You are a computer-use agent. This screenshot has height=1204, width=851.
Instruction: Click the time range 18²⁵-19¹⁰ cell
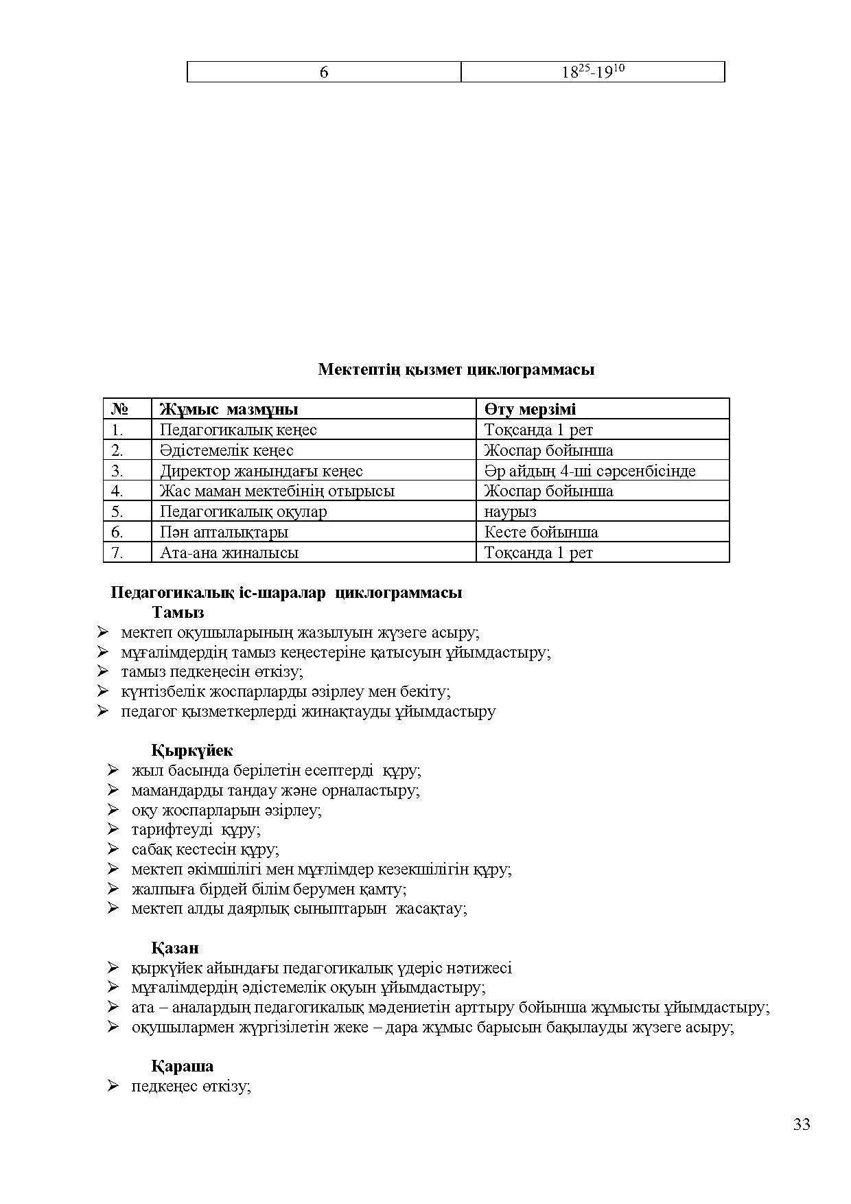[592, 72]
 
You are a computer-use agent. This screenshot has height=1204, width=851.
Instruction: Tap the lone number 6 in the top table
[324, 72]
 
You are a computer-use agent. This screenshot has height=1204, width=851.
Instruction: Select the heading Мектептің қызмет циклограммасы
[456, 369]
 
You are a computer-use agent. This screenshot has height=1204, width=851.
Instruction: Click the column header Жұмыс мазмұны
[229, 410]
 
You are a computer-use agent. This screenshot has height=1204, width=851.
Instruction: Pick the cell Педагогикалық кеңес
[238, 430]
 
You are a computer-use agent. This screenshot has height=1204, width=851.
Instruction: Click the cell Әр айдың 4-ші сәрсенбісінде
[590, 471]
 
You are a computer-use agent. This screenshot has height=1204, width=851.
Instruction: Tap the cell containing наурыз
[510, 511]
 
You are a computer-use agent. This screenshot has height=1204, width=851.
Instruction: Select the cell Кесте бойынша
[541, 532]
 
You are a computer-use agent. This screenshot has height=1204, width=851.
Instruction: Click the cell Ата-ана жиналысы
[229, 553]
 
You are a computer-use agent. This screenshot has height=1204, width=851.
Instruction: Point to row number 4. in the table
[117, 491]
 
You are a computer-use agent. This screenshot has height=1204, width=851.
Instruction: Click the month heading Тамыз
[178, 612]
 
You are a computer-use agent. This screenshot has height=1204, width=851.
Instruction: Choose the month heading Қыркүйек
[192, 751]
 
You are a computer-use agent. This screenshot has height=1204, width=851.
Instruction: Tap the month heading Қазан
[175, 948]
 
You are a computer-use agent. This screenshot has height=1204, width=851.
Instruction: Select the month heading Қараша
[182, 1066]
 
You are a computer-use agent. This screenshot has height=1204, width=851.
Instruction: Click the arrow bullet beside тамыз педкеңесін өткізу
[104, 671]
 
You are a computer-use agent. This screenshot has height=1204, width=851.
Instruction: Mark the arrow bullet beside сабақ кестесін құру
[114, 850]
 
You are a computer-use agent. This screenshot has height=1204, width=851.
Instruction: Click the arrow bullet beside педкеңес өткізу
[114, 1087]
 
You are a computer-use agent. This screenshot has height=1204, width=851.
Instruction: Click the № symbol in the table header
[119, 410]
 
